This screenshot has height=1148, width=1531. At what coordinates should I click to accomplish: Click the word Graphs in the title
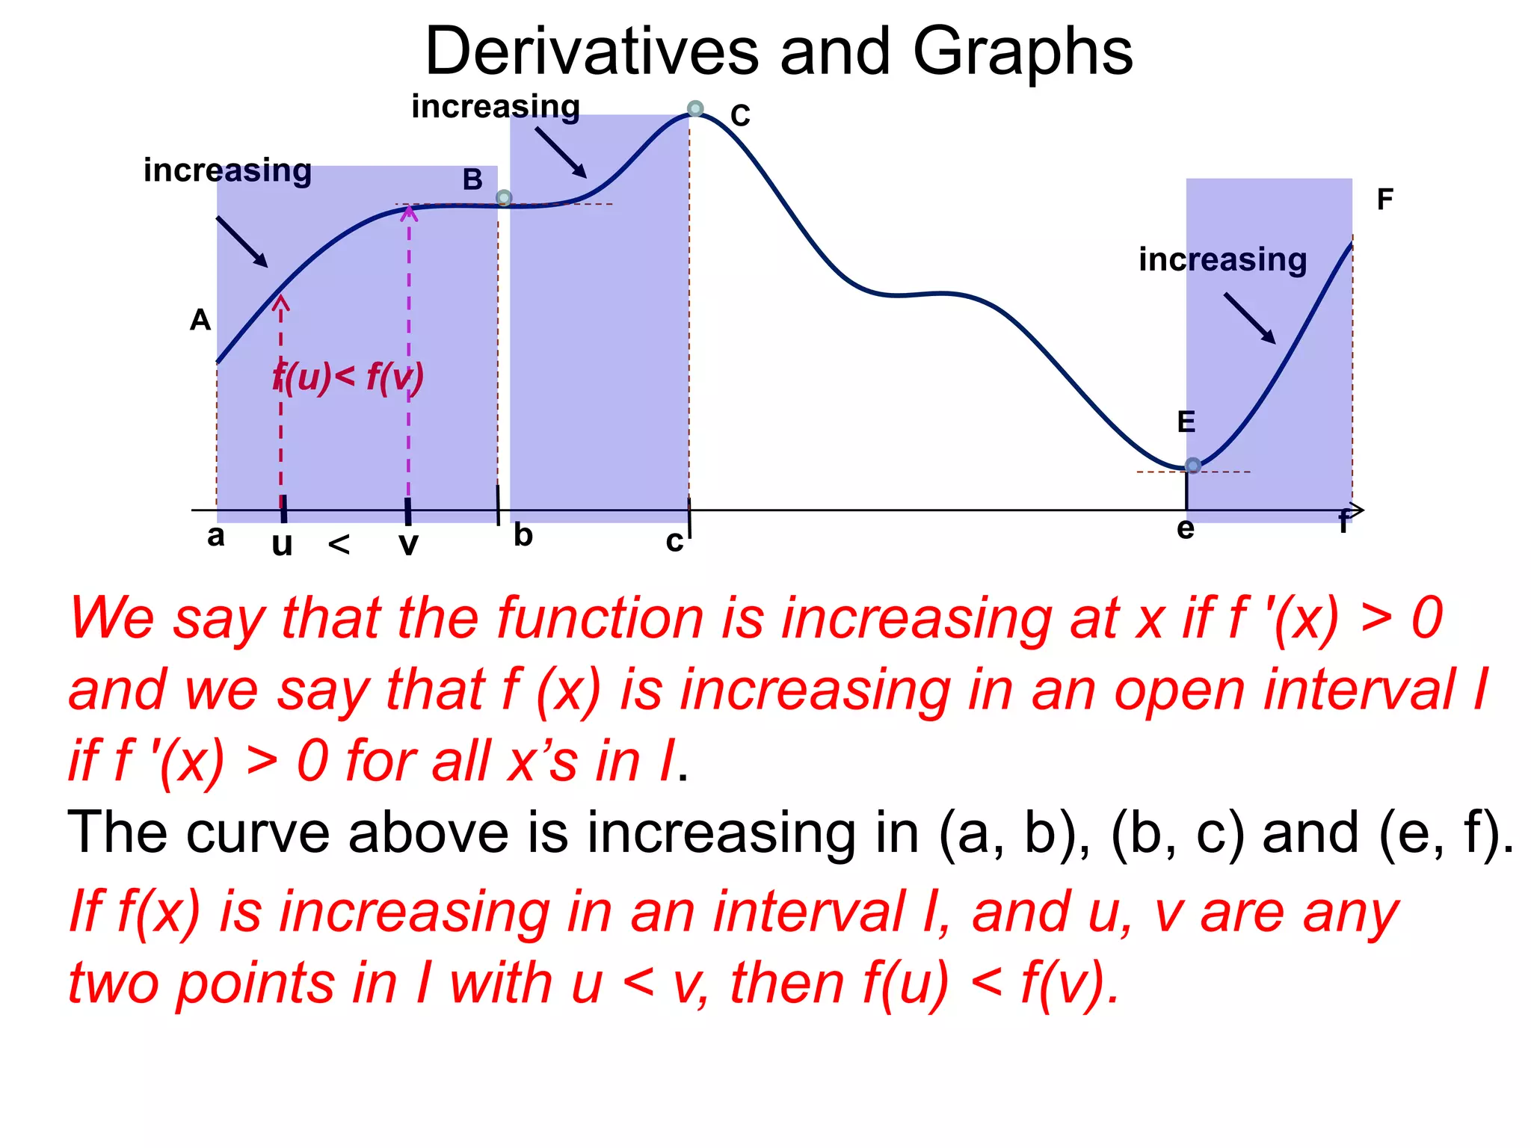(x=1022, y=52)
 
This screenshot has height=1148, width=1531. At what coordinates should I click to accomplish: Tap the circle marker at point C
(x=695, y=109)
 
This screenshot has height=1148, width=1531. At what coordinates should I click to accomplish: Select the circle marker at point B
(x=504, y=198)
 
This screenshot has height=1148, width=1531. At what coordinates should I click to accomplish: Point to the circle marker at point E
(x=1193, y=466)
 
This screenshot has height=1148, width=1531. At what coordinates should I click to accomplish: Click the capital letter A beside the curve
(x=200, y=321)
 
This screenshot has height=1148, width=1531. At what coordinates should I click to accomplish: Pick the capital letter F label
(x=1384, y=200)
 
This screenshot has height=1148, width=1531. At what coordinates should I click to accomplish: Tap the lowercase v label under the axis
(x=408, y=544)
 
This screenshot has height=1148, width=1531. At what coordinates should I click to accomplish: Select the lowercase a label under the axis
(x=215, y=536)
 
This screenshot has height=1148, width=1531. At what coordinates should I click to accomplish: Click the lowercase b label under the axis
(x=523, y=535)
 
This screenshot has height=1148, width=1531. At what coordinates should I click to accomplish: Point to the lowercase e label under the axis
(x=1185, y=529)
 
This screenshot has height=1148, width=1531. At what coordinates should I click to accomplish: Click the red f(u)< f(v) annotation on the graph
(x=348, y=377)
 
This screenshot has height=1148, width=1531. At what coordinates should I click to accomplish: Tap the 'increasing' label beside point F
(x=1222, y=260)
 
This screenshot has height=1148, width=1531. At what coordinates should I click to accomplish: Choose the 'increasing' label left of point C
(x=496, y=107)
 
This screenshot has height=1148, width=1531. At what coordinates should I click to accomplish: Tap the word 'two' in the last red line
(x=114, y=983)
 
